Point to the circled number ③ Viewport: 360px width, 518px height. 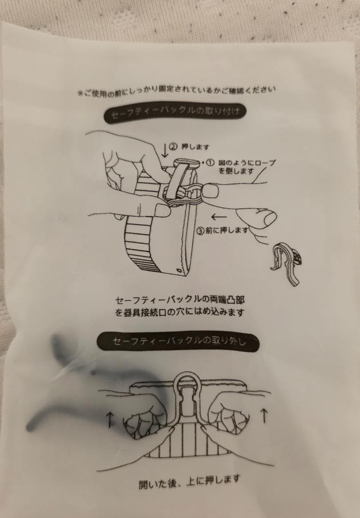(201, 229)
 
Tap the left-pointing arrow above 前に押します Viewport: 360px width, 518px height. (219, 216)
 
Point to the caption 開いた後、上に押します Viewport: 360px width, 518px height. (189, 480)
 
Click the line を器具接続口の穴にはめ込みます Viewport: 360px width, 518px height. (180, 313)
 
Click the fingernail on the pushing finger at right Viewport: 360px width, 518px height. (267, 219)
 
